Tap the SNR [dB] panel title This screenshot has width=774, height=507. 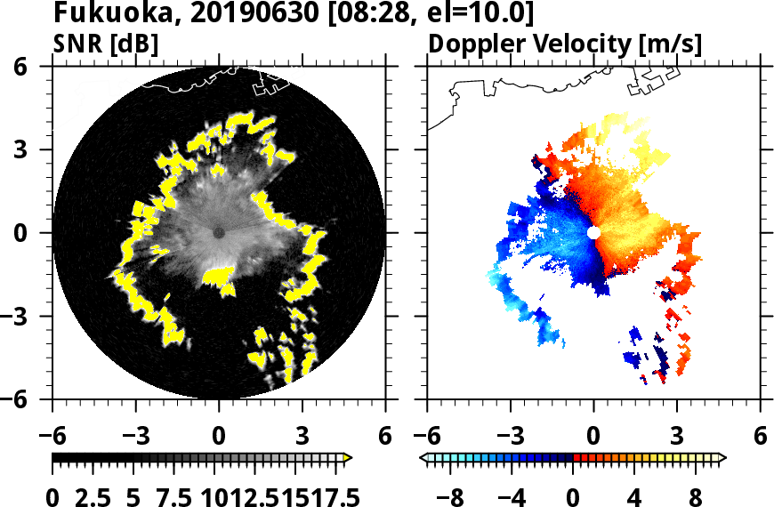[x=106, y=43]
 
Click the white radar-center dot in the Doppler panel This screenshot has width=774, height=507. [x=593, y=232]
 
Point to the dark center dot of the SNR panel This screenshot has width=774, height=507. [x=219, y=232]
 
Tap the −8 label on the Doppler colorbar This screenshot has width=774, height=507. [x=452, y=495]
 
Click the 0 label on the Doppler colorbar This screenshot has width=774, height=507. [x=574, y=495]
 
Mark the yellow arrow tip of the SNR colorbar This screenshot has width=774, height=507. [x=348, y=457]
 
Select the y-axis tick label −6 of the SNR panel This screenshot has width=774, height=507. [x=31, y=399]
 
